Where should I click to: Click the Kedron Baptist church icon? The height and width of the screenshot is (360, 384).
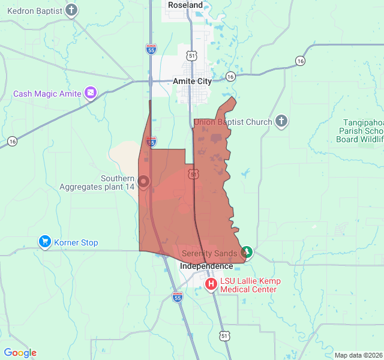pyautogui.click(x=71, y=10)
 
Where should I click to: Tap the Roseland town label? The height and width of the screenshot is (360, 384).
pyautogui.click(x=185, y=5)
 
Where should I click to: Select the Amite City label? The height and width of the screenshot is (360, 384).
pyautogui.click(x=192, y=81)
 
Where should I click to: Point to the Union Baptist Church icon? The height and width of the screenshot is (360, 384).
pyautogui.click(x=281, y=122)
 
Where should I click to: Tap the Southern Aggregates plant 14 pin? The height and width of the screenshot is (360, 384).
pyautogui.click(x=143, y=181)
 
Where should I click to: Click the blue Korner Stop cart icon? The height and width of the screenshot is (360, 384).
pyautogui.click(x=44, y=242)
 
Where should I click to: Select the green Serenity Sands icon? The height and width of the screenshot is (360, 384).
pyautogui.click(x=246, y=253)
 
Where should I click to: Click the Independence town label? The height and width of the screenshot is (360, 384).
pyautogui.click(x=207, y=266)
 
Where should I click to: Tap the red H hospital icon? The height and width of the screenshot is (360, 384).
pyautogui.click(x=211, y=284)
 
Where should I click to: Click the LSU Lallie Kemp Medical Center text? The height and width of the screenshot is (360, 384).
pyautogui.click(x=250, y=285)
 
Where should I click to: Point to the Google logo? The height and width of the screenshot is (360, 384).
pyautogui.click(x=20, y=353)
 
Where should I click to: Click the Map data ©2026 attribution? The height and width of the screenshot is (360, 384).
pyautogui.click(x=358, y=355)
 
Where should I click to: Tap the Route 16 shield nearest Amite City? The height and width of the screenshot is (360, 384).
pyautogui.click(x=230, y=76)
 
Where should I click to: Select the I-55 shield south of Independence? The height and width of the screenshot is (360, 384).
pyautogui.click(x=177, y=296)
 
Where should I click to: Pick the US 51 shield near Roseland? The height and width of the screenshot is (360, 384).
pyautogui.click(x=191, y=55)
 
